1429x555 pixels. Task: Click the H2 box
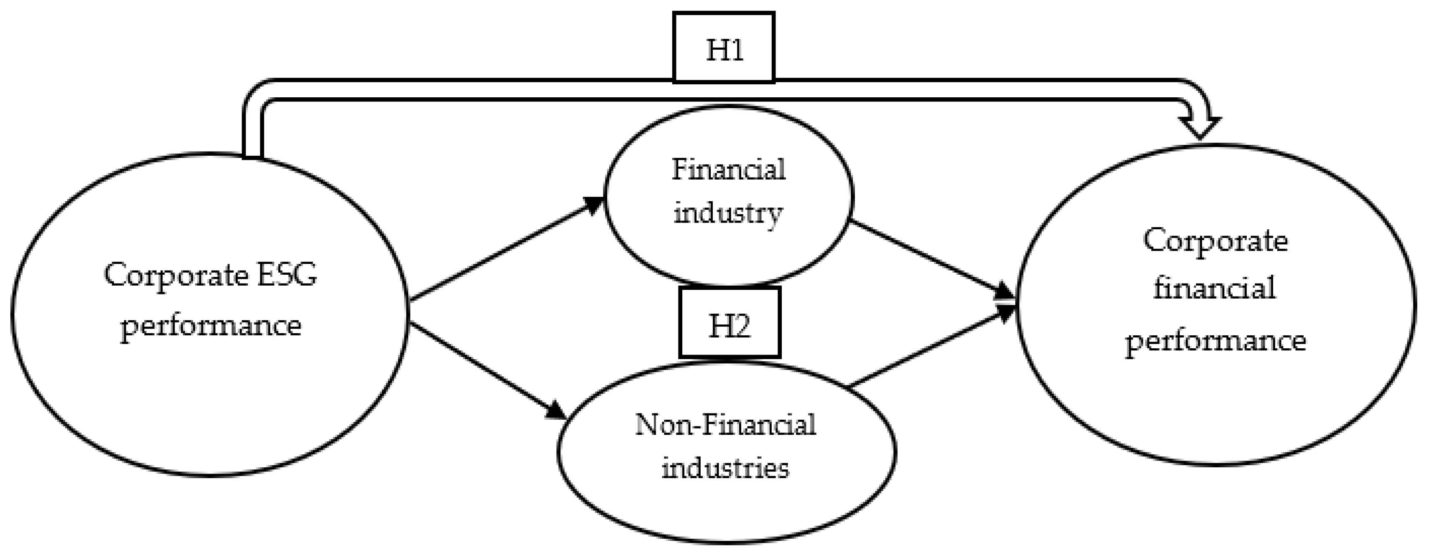click(x=730, y=323)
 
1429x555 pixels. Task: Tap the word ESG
click(x=288, y=274)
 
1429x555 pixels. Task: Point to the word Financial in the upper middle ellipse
click(x=728, y=170)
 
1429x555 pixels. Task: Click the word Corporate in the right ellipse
click(x=1215, y=242)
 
